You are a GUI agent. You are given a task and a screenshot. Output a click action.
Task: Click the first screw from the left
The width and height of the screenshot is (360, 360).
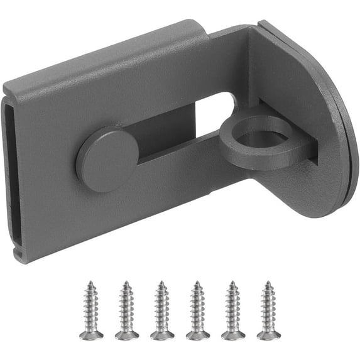pyautogui.click(x=91, y=310)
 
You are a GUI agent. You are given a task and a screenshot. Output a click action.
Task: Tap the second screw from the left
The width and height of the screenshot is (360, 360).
pyautogui.click(x=126, y=310)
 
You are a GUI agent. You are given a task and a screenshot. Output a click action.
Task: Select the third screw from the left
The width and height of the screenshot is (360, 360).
pyautogui.click(x=161, y=310)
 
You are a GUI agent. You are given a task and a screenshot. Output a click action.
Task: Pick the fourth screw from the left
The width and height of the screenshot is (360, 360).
pyautogui.click(x=197, y=310)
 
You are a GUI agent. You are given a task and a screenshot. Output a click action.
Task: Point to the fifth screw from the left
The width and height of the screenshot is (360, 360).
pyautogui.click(x=232, y=310)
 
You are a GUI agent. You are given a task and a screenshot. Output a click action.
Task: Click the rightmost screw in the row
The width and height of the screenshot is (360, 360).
pyautogui.click(x=268, y=310)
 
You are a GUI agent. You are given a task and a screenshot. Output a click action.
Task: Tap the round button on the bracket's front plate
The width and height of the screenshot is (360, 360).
pyautogui.click(x=107, y=160)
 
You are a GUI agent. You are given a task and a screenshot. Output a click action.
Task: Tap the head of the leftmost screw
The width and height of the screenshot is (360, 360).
pyautogui.click(x=91, y=334)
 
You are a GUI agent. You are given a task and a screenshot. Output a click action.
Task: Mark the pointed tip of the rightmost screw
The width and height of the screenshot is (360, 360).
pyautogui.click(x=268, y=283)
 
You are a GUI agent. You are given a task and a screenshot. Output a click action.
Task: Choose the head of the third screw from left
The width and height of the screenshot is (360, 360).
pyautogui.click(x=161, y=334)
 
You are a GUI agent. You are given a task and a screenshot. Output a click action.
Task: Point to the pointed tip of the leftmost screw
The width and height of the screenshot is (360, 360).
pyautogui.click(x=91, y=283)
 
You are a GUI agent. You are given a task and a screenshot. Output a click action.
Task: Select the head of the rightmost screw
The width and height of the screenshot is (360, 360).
pyautogui.click(x=268, y=334)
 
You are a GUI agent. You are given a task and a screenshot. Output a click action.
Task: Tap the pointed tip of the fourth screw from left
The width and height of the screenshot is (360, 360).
pyautogui.click(x=197, y=283)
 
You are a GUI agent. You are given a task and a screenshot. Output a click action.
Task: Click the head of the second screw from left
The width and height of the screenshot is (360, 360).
pyautogui.click(x=126, y=334)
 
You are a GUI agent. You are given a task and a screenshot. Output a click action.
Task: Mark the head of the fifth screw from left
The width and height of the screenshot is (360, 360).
pyautogui.click(x=232, y=334)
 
